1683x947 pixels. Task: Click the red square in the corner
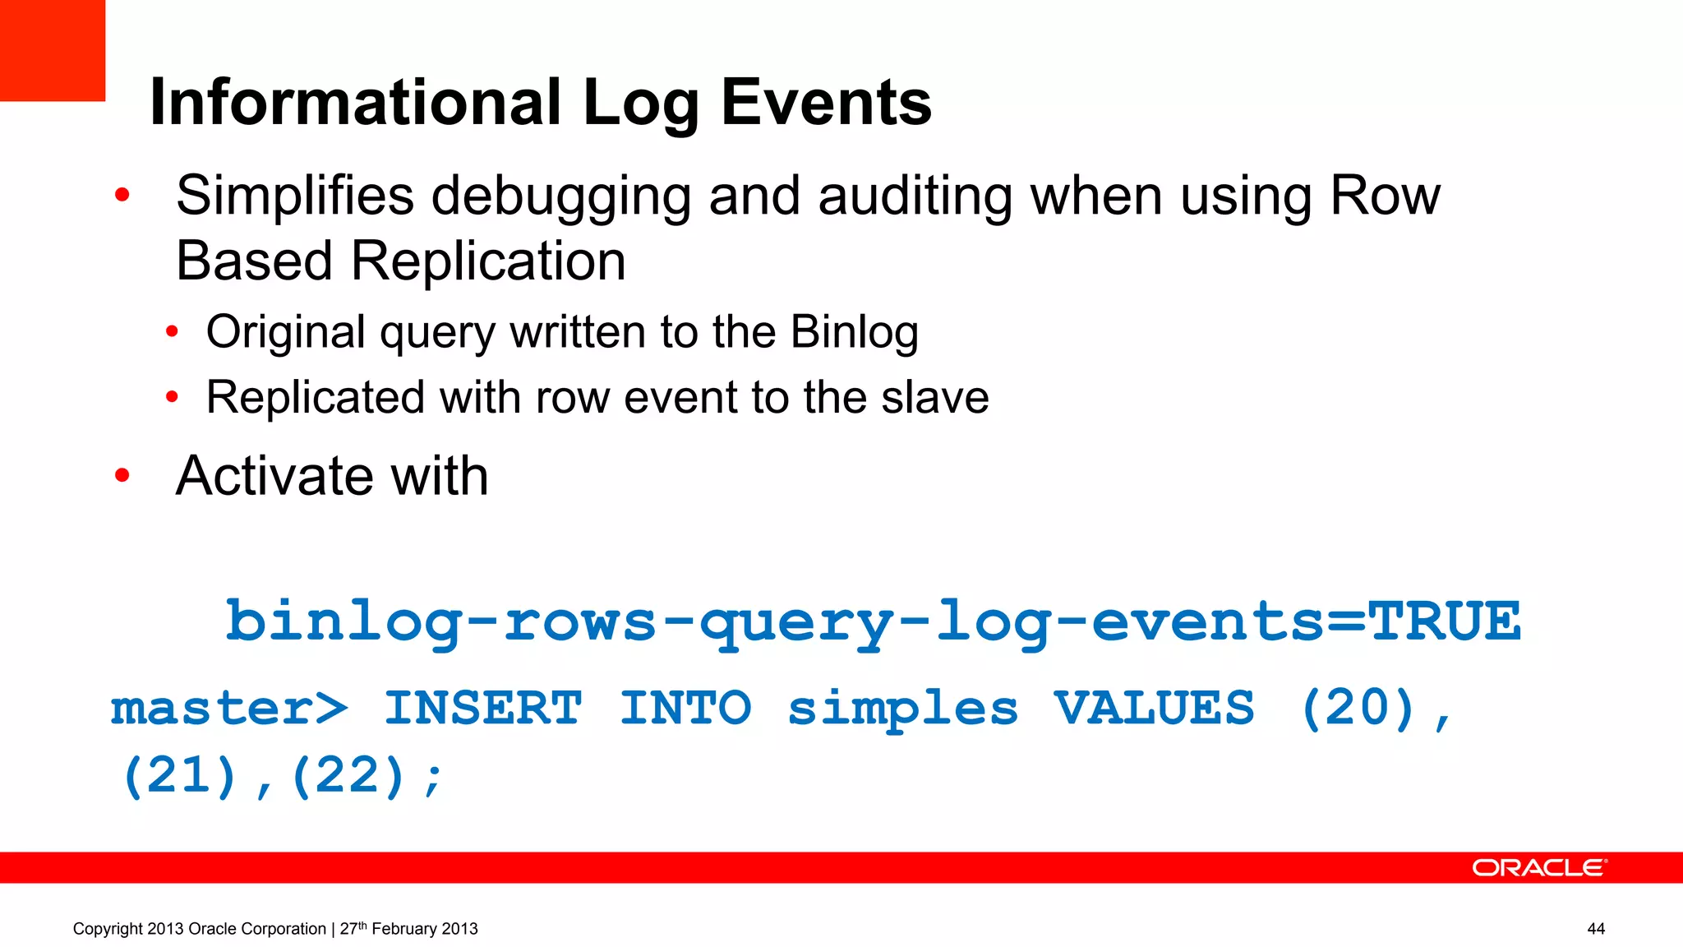click(x=52, y=49)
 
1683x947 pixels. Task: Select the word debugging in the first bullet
click(x=560, y=197)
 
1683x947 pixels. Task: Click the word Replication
click(x=488, y=261)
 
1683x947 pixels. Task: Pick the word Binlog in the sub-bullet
click(x=854, y=332)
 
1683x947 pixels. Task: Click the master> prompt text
click(x=229, y=708)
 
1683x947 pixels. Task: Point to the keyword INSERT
click(x=483, y=708)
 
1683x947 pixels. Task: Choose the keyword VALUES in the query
click(x=1154, y=708)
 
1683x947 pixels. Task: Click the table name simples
click(x=902, y=708)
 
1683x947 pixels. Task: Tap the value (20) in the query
click(x=1358, y=708)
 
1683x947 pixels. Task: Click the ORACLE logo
click(x=1538, y=868)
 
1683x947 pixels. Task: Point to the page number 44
click(x=1596, y=929)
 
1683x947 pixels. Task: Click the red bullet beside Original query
click(x=172, y=332)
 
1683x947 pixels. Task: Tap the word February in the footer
click(x=405, y=929)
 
